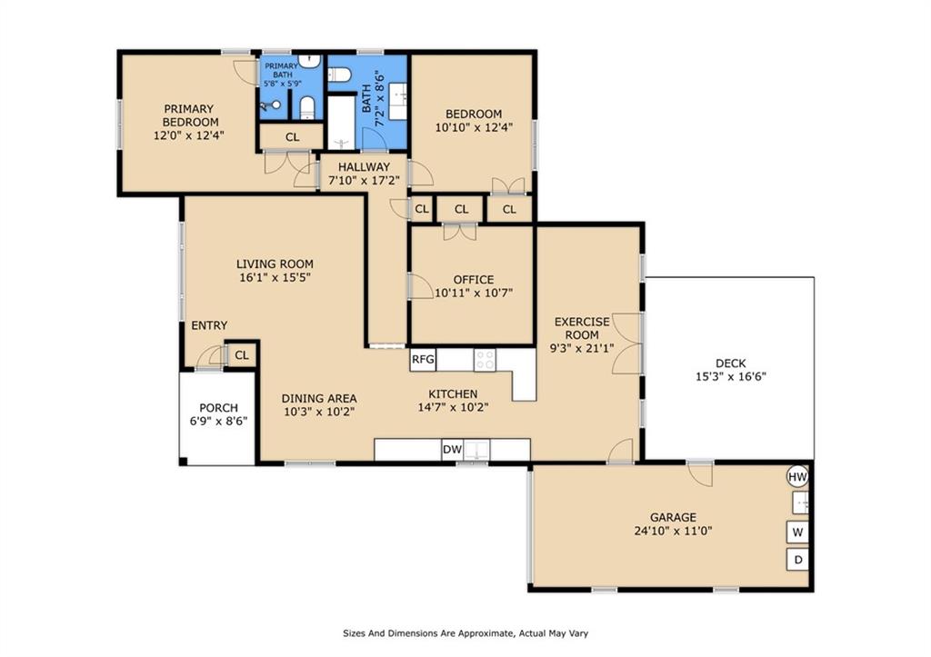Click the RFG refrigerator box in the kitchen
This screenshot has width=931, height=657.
tap(423, 360)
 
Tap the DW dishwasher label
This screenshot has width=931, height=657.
tap(452, 450)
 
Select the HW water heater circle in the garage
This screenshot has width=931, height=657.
tap(797, 476)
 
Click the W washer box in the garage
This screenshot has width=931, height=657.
tap(797, 532)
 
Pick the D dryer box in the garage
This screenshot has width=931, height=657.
tap(797, 560)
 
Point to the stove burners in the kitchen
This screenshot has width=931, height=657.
tap(485, 360)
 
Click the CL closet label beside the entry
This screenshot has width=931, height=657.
tap(242, 355)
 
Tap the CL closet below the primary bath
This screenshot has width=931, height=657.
tap(292, 137)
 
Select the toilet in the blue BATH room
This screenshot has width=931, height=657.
tap(339, 75)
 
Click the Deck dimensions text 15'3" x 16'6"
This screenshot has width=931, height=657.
tap(730, 376)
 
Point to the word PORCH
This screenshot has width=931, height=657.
tap(218, 408)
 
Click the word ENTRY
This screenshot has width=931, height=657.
tap(209, 325)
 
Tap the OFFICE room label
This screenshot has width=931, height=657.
tap(473, 280)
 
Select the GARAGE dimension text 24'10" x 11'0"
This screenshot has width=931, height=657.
tap(673, 531)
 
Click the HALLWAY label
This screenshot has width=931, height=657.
tap(364, 167)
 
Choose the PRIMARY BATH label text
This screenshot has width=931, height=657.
tap(282, 71)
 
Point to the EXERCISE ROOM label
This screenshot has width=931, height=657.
tap(582, 328)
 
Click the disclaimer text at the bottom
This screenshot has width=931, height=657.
tap(465, 633)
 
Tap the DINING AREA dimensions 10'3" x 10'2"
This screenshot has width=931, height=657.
tap(319, 412)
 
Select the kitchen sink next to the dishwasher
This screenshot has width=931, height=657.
tap(476, 449)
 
